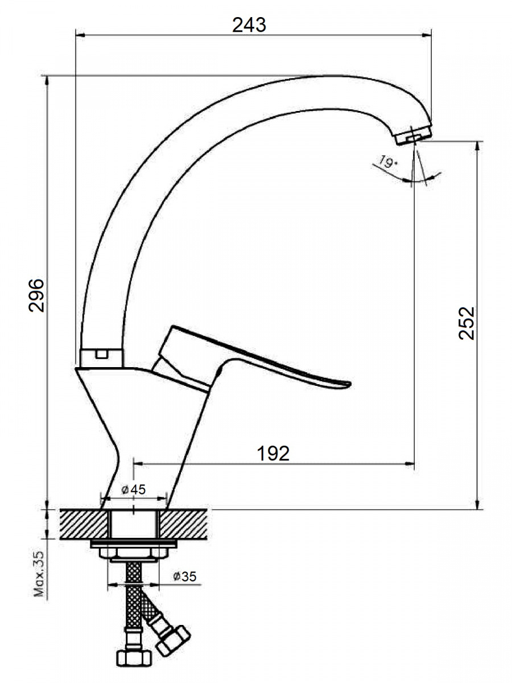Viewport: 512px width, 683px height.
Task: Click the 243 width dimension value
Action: coord(249,25)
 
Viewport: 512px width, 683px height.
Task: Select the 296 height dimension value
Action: coord(36,295)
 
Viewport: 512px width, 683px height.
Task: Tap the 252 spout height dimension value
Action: coord(466,323)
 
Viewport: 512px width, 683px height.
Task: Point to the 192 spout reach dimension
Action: coord(273,454)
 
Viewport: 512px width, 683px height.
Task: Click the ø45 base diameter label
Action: coord(133,489)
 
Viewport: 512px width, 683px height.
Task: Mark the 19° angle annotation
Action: coord(386,162)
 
